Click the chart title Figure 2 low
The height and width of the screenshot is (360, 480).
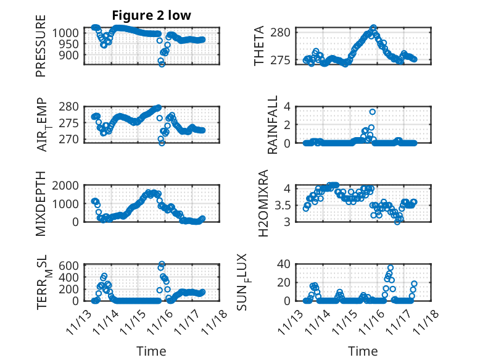pos(151,15)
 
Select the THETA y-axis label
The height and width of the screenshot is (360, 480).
pos(259,46)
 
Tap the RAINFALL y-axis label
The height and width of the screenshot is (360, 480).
pos(272,125)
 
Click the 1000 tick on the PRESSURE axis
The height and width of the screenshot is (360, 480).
pos(67,32)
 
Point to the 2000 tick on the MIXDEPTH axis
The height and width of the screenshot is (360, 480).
pos(65,185)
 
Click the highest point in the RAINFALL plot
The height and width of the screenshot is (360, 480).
pos(373,112)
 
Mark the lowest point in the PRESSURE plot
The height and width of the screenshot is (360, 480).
pos(162,64)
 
